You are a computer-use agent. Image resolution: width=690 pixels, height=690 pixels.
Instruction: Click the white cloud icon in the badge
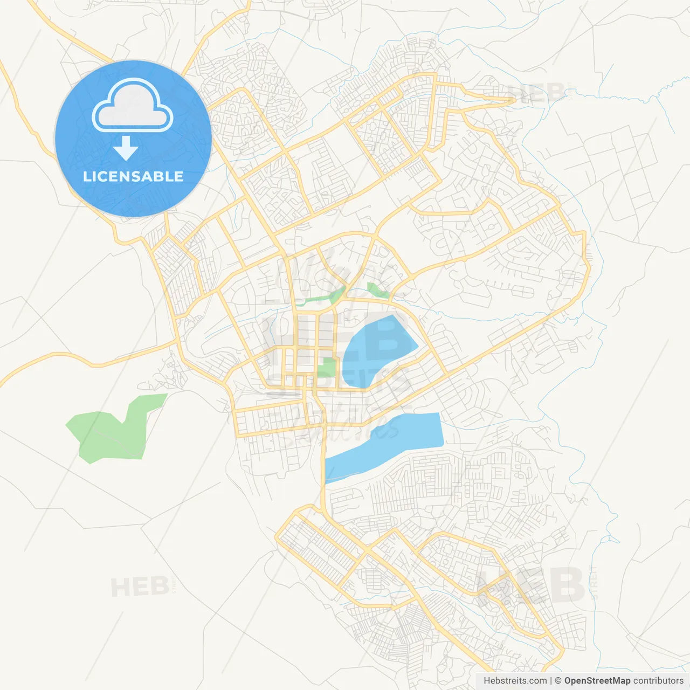(x=133, y=106)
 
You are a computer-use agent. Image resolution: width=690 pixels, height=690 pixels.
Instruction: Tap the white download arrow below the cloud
(x=126, y=148)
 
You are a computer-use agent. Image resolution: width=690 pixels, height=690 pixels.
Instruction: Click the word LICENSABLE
(x=133, y=176)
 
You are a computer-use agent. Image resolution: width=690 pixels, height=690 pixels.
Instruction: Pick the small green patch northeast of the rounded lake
(x=376, y=290)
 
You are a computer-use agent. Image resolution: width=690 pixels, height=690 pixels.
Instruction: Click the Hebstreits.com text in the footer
(x=515, y=681)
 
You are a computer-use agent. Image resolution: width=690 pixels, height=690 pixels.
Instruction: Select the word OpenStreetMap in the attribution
(x=597, y=681)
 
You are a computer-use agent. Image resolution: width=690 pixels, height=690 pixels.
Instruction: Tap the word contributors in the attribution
(x=658, y=681)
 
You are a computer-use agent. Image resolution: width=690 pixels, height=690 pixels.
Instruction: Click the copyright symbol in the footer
(x=558, y=681)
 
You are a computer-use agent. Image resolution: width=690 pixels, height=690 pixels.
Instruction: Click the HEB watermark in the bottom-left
(x=140, y=586)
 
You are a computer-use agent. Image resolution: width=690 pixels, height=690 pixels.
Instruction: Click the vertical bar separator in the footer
(x=551, y=681)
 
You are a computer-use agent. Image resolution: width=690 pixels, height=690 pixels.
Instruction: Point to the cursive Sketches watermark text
(x=345, y=426)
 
